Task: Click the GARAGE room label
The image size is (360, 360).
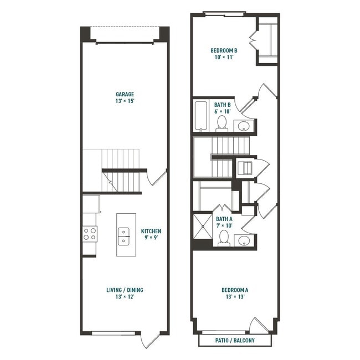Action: tap(125, 94)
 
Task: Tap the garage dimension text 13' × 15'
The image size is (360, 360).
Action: tap(125, 101)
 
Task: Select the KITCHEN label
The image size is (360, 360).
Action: tap(151, 231)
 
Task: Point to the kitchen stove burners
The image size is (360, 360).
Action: tap(90, 234)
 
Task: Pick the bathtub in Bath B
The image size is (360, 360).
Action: tap(201, 116)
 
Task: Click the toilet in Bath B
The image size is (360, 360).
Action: tap(222, 123)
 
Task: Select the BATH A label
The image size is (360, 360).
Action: tap(224, 219)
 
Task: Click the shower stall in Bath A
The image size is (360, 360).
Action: tap(201, 227)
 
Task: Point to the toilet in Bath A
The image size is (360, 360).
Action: tap(224, 238)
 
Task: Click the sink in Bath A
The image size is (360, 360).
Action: tap(244, 240)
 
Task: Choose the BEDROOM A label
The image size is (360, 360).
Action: tap(235, 290)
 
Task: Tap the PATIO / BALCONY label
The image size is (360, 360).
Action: tap(235, 340)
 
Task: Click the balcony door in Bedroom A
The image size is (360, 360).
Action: tap(259, 326)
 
